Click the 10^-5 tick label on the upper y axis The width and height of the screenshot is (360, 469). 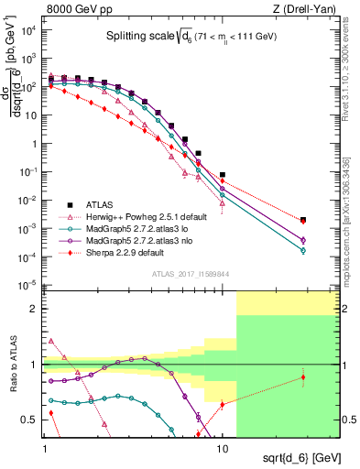pos(29,285)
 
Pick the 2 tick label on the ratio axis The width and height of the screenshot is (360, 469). pos(35,310)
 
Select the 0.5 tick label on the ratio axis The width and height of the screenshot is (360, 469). pos(31,419)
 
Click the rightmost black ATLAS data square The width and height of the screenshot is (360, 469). pos(303,220)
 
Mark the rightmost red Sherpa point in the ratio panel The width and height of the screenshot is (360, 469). pos(303,377)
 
